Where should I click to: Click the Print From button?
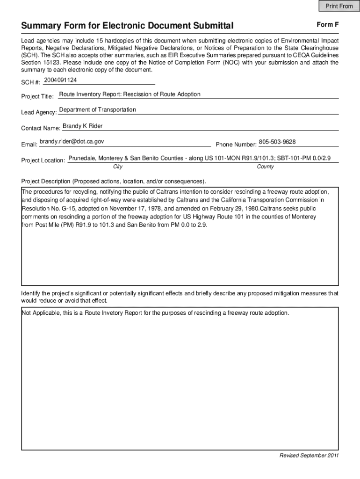339,6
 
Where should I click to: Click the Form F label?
327,24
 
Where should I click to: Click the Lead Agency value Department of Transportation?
97,109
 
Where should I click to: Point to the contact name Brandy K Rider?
82,126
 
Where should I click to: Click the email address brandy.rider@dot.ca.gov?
72,141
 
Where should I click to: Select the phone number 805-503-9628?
277,142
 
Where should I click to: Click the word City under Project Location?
118,167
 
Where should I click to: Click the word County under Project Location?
265,167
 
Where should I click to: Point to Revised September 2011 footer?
309,456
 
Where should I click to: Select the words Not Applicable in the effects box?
41,313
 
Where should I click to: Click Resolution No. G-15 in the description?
47,209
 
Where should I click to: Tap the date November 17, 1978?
132,209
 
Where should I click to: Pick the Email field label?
29,144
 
